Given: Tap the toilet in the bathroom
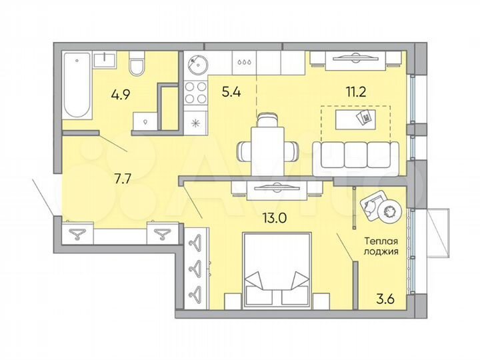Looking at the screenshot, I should [137, 65].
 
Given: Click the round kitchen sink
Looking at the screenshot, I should [198, 65].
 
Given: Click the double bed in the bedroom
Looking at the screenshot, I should [276, 270].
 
